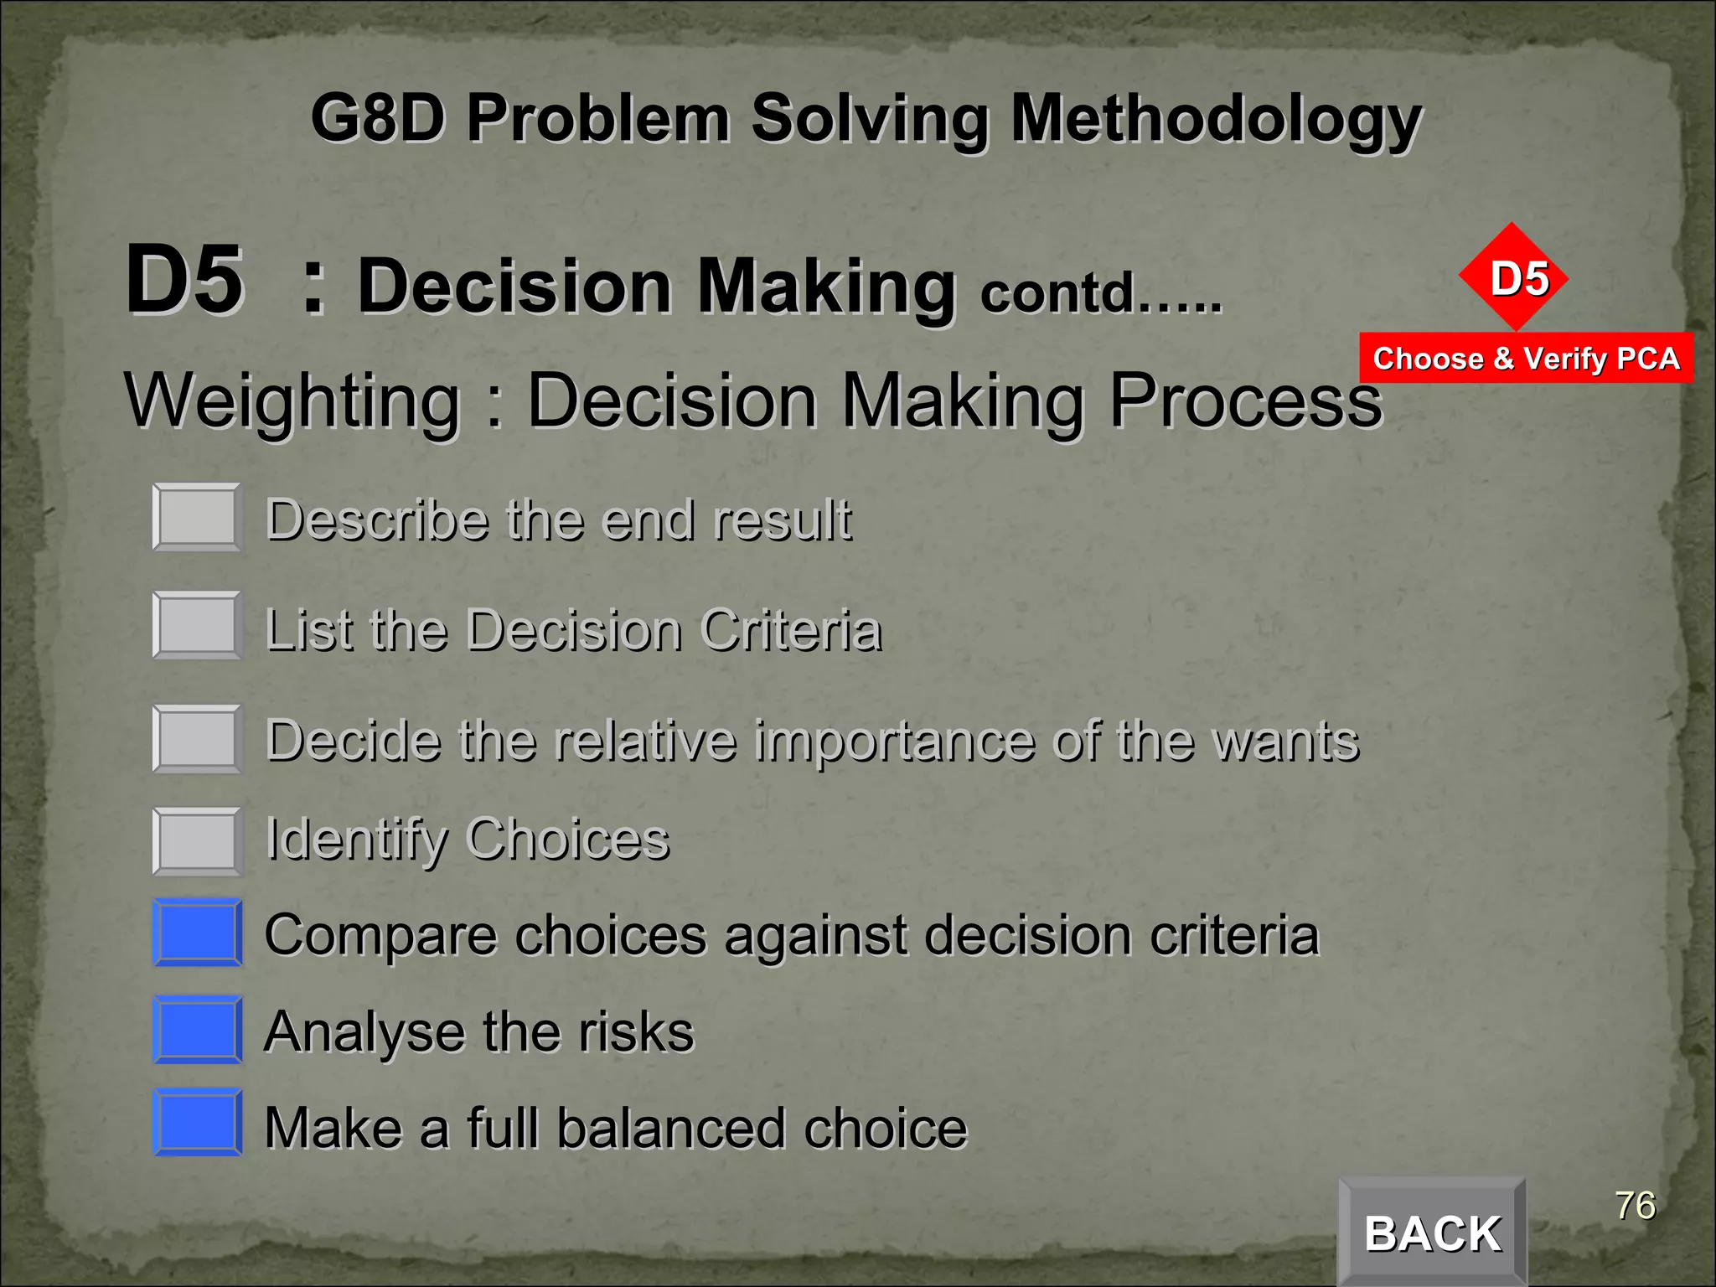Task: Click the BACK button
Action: [x=1432, y=1233]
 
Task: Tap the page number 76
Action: [x=1635, y=1206]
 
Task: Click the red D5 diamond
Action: [x=1513, y=277]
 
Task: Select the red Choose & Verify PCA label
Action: [x=1526, y=359]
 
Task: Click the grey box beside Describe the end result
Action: [x=197, y=518]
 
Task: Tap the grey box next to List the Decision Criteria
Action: [x=197, y=625]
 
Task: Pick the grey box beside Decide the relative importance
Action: [x=197, y=739]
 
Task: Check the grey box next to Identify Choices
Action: [x=197, y=841]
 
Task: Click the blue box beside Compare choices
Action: [x=197, y=933]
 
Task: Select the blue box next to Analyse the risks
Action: [x=197, y=1030]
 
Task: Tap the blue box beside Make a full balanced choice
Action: [x=197, y=1123]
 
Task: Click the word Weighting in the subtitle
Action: [x=293, y=401]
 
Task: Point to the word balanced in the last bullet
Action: [x=671, y=1128]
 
